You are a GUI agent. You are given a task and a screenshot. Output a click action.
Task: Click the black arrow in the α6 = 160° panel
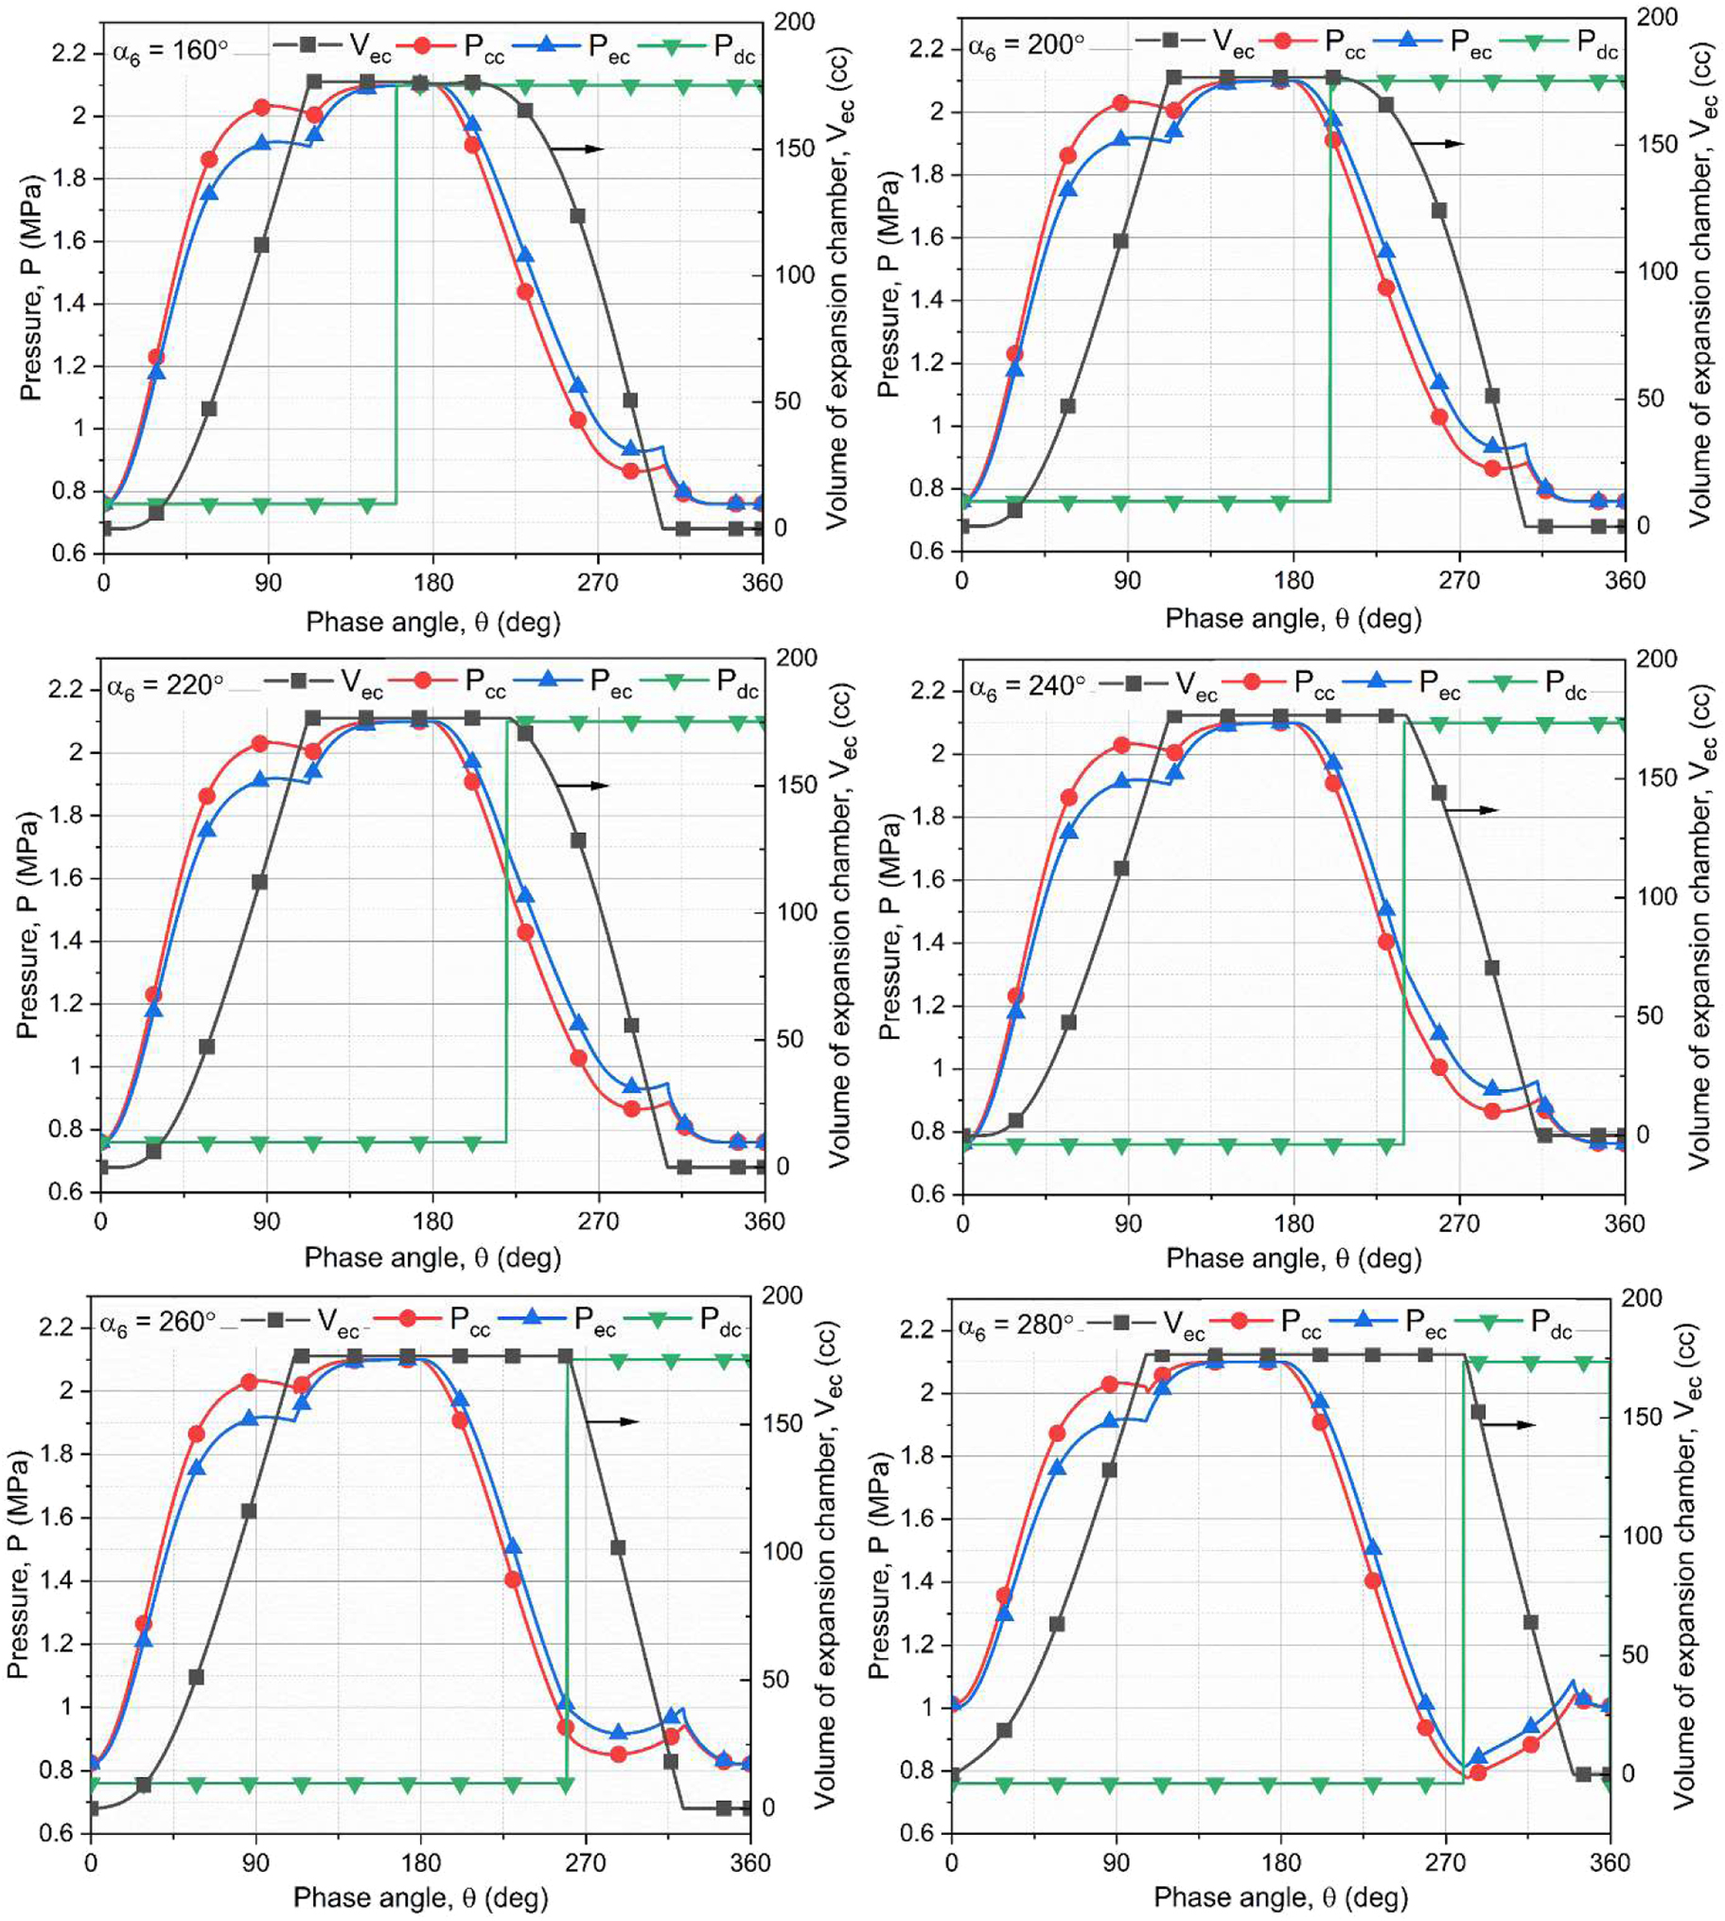[577, 149]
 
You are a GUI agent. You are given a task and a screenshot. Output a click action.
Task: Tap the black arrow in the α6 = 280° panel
[1508, 1425]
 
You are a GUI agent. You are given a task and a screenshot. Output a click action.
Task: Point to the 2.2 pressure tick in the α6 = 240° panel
[928, 690]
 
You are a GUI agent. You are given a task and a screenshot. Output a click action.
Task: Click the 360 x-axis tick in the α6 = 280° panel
[1610, 1862]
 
